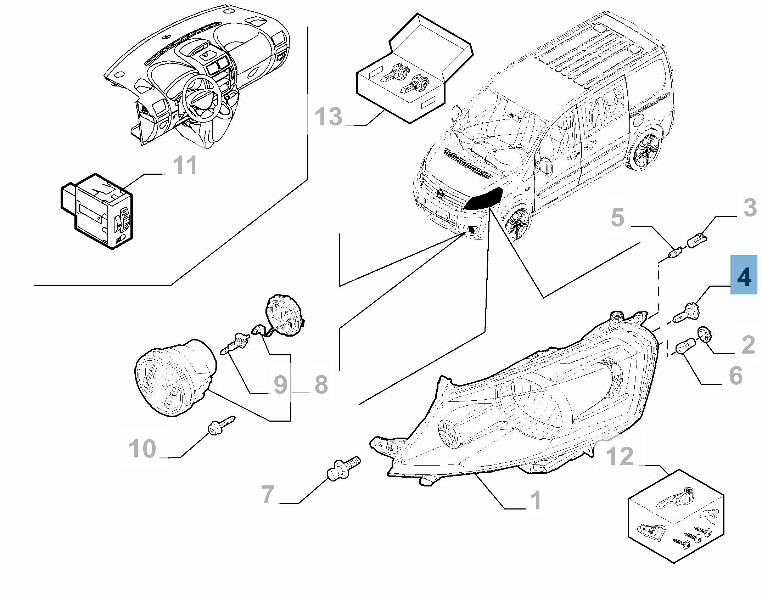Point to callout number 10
(x=142, y=449)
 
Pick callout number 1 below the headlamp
(x=536, y=500)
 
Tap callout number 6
(x=736, y=376)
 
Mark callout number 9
(x=281, y=384)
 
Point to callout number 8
(x=321, y=384)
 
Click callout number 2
(x=748, y=345)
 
